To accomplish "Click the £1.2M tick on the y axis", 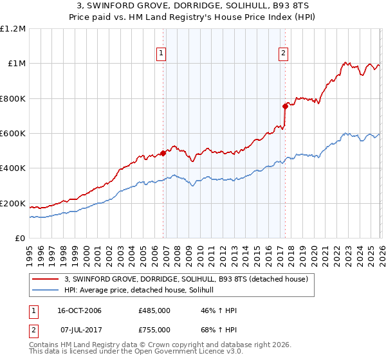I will click(x=13, y=28).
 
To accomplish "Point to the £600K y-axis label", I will click(x=13, y=134).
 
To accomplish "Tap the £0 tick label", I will click(x=19, y=239).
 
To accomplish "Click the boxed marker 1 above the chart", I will click(x=161, y=54).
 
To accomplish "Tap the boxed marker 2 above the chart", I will click(x=284, y=54).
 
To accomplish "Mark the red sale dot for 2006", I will click(x=163, y=153).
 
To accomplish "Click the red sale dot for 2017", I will click(x=284, y=106).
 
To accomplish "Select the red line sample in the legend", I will click(x=46, y=279).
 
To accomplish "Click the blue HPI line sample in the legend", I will click(x=46, y=291).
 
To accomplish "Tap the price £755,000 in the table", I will click(x=154, y=329).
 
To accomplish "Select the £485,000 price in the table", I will click(x=154, y=310).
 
